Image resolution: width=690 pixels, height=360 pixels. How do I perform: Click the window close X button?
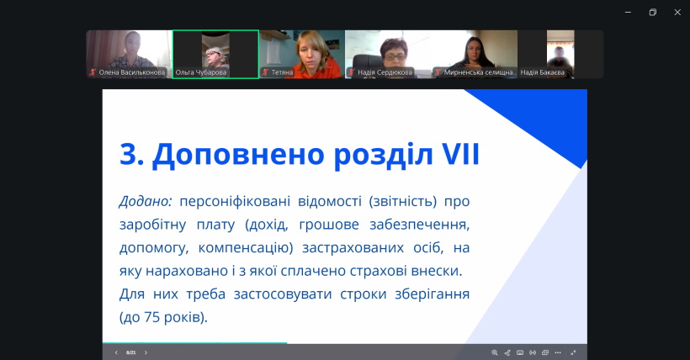pos(677,12)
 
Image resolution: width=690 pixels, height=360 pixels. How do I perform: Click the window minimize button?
pos(628,12)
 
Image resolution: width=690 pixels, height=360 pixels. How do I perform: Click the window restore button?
pos(652,12)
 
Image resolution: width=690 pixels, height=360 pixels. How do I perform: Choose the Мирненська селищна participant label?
pos(480,72)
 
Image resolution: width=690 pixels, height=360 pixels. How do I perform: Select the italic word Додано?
pos(145,202)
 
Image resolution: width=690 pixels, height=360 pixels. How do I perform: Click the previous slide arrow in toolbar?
pos(116,352)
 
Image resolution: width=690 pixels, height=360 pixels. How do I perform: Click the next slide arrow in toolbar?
pos(146,352)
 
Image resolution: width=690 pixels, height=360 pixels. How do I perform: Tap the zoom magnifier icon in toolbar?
pos(495,352)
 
